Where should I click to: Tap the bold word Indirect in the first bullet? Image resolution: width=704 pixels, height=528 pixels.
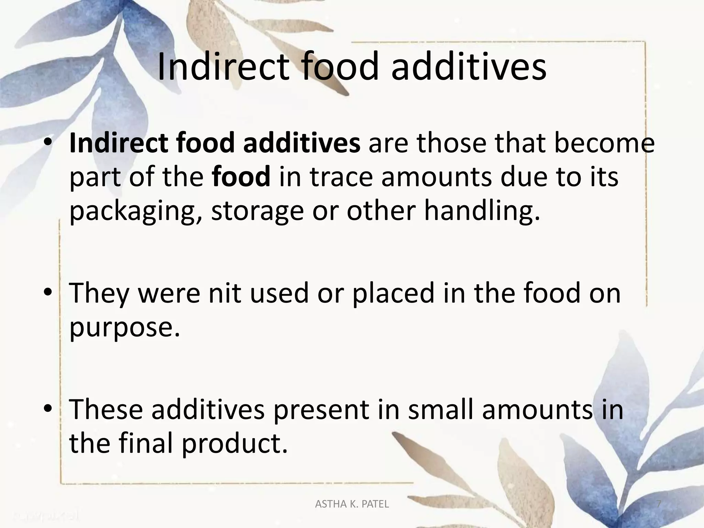119,143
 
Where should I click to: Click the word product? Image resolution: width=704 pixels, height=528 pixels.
234,444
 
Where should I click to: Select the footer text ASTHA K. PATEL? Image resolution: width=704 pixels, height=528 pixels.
352,504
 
